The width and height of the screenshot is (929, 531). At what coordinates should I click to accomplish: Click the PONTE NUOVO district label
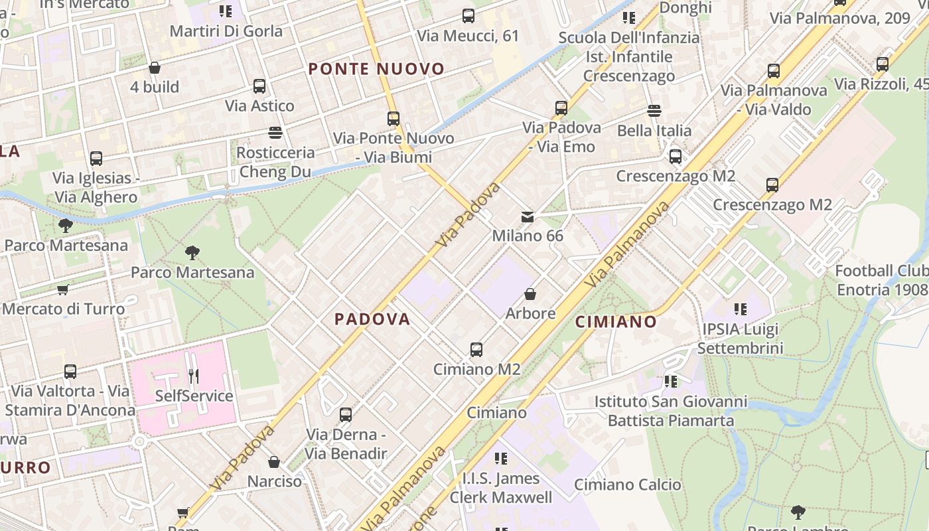tap(376, 69)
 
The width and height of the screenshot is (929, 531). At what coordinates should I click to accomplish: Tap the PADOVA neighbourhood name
tap(372, 319)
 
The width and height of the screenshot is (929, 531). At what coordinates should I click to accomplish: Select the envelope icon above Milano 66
tap(528, 217)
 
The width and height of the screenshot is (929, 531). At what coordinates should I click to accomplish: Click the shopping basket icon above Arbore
tap(530, 294)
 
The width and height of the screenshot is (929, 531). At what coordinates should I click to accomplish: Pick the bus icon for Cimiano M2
tap(476, 350)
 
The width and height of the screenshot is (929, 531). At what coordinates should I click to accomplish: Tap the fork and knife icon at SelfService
tap(193, 376)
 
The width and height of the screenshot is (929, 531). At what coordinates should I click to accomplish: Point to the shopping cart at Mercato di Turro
tap(63, 289)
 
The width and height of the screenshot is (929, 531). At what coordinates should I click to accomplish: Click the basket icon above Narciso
tap(274, 462)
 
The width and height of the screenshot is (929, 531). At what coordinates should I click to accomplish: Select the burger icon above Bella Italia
tap(654, 111)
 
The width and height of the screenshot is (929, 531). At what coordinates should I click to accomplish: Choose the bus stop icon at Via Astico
tap(259, 86)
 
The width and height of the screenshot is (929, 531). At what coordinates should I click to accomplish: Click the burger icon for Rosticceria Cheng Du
tap(275, 133)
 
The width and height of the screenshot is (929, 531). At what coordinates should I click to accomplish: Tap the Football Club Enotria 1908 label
tap(882, 280)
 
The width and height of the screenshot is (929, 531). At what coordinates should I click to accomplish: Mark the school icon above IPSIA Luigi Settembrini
tap(741, 309)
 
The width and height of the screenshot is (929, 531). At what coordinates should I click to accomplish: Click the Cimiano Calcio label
tap(627, 485)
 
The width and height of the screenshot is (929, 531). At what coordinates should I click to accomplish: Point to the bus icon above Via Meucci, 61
tap(468, 16)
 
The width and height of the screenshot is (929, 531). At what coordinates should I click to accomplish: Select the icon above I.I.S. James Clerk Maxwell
tap(501, 459)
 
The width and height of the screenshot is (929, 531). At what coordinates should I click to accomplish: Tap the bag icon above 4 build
tap(155, 68)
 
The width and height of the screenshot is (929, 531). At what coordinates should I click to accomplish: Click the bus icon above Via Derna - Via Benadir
tap(346, 416)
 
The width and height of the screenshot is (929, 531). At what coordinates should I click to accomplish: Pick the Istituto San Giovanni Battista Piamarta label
tap(671, 411)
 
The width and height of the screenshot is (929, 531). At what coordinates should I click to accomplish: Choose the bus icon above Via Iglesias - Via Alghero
tap(96, 159)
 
